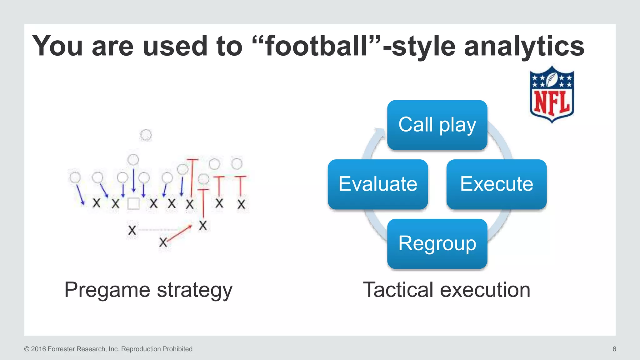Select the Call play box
coord(437,125)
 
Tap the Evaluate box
coord(377,184)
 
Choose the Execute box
coord(496,184)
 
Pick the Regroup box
coord(437,244)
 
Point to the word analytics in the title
coord(524,46)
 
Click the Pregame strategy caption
coord(148,290)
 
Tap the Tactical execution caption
coord(446,290)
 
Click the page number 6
coord(614,349)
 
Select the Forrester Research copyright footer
coord(108,349)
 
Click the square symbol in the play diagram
coord(133,204)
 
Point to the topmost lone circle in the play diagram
coord(146,135)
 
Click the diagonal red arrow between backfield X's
coord(179,233)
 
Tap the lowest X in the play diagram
coord(163,242)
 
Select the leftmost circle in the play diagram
coord(75,177)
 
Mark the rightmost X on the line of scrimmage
coord(241,205)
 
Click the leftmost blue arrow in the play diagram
coord(80,195)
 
